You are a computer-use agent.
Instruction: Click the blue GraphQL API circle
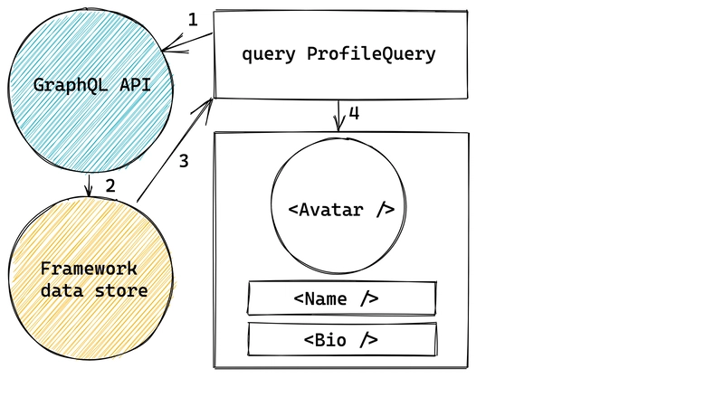[x=90, y=118]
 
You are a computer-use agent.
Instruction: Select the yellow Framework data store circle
[x=90, y=271]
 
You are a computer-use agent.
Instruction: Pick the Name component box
[x=341, y=298]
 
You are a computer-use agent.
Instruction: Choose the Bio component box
[x=341, y=339]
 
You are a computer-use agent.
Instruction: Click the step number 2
[x=110, y=186]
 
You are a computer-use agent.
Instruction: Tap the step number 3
[x=184, y=161]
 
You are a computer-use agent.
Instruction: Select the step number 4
[x=354, y=113]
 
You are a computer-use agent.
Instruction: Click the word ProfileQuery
[x=371, y=54]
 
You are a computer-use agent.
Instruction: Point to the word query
[x=270, y=54]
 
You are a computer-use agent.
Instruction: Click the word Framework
[x=88, y=269]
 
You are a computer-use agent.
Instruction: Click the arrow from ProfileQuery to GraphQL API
[x=188, y=42]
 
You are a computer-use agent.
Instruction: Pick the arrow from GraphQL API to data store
[x=88, y=184]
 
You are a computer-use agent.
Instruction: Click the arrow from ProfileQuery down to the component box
[x=339, y=115]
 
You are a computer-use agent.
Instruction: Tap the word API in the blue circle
[x=129, y=86]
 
